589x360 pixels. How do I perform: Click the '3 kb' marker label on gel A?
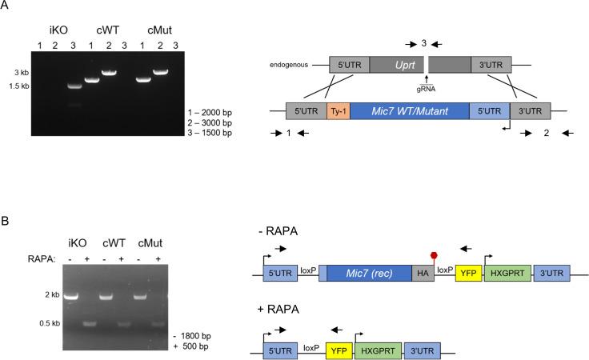tap(27, 72)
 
